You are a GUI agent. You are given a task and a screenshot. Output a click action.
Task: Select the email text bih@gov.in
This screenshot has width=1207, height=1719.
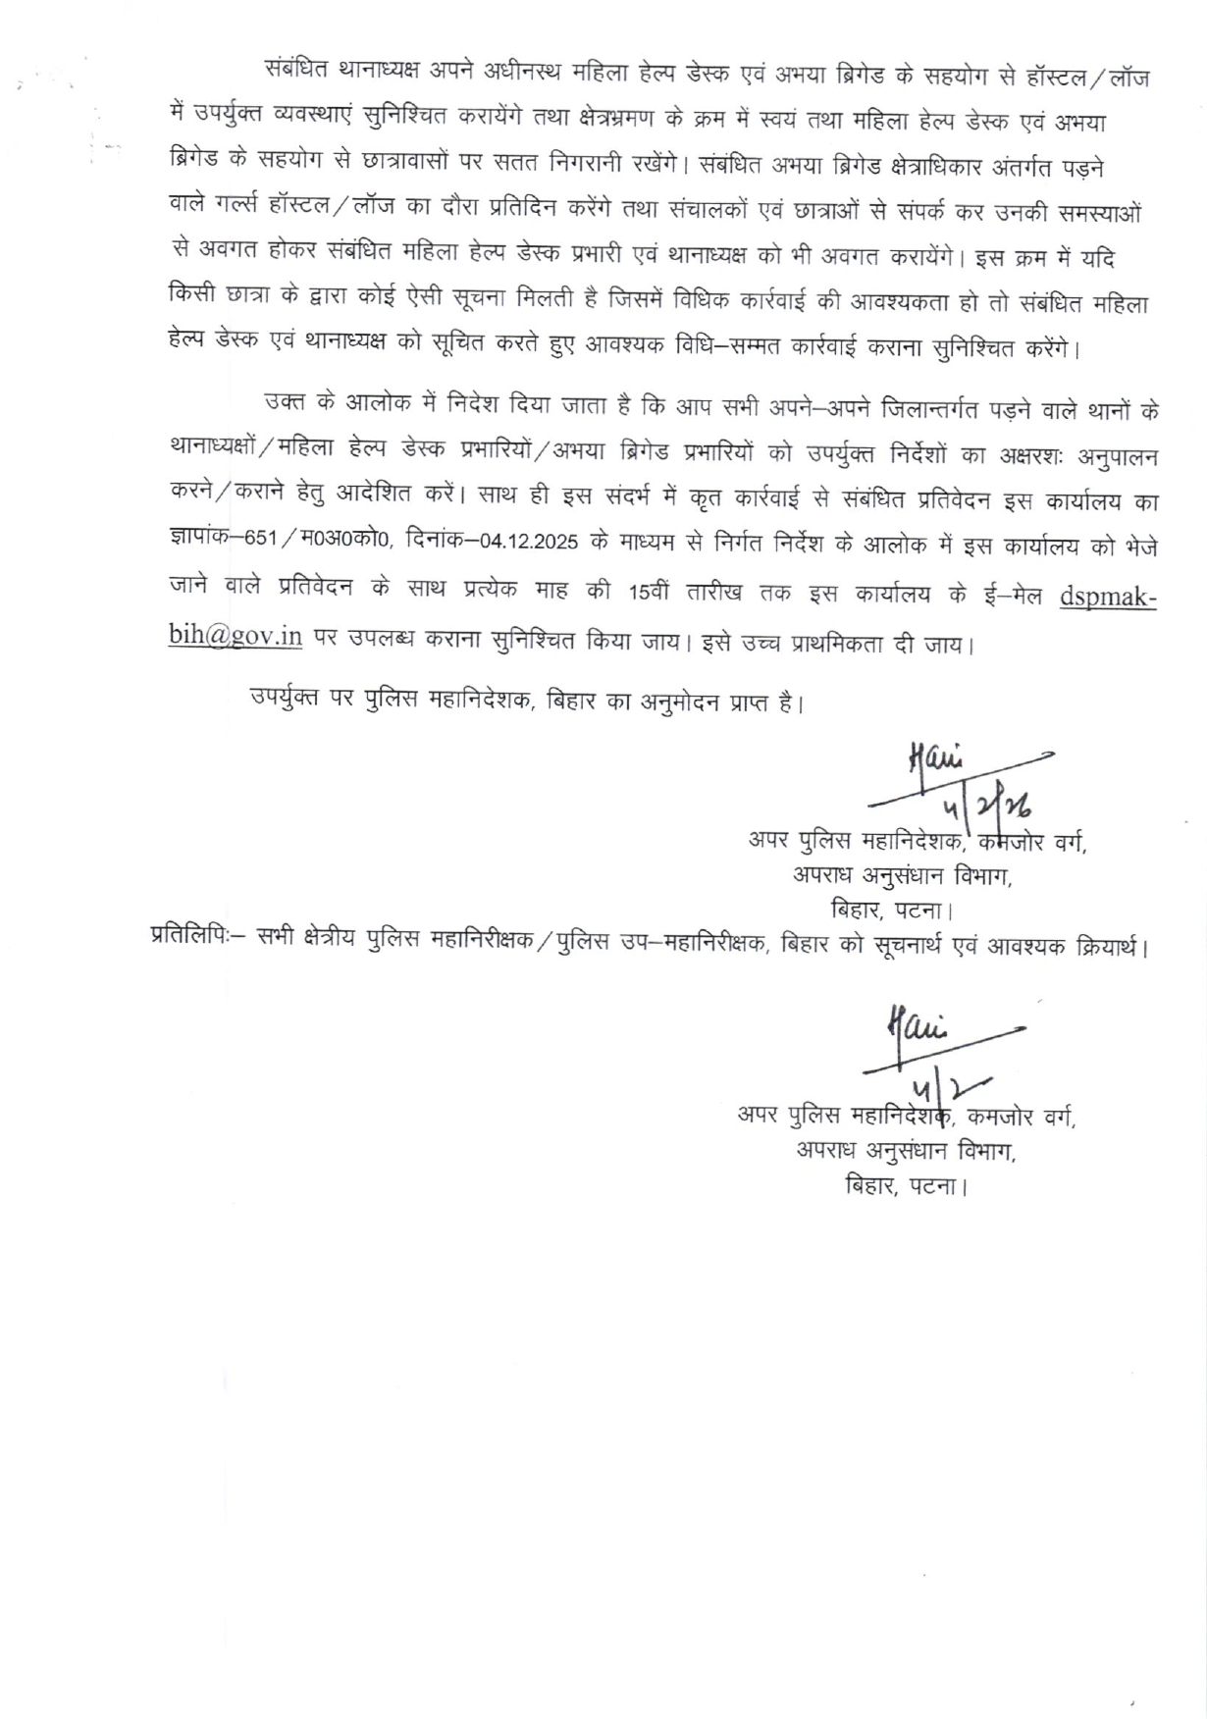pos(236,635)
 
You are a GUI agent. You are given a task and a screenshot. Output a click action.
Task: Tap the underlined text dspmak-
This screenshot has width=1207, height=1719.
pos(1108,597)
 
